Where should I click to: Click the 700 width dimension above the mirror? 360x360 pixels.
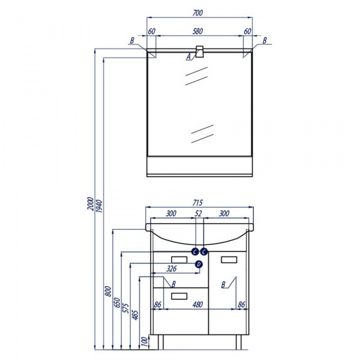pyautogui.click(x=197, y=13)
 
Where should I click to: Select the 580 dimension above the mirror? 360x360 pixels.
pyautogui.click(x=197, y=31)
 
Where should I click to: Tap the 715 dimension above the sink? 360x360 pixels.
pyautogui.click(x=197, y=203)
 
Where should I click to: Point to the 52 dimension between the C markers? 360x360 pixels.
pyautogui.click(x=198, y=214)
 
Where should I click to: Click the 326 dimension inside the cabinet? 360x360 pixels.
pyautogui.click(x=172, y=268)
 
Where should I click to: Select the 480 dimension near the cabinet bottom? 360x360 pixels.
pyautogui.click(x=197, y=304)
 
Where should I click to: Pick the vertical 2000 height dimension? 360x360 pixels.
pyautogui.click(x=91, y=203)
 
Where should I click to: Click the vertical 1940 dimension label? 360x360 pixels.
pyautogui.click(x=99, y=206)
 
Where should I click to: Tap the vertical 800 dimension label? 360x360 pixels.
pyautogui.click(x=108, y=291)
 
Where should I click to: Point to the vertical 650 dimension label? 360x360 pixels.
pyautogui.click(x=117, y=302)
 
